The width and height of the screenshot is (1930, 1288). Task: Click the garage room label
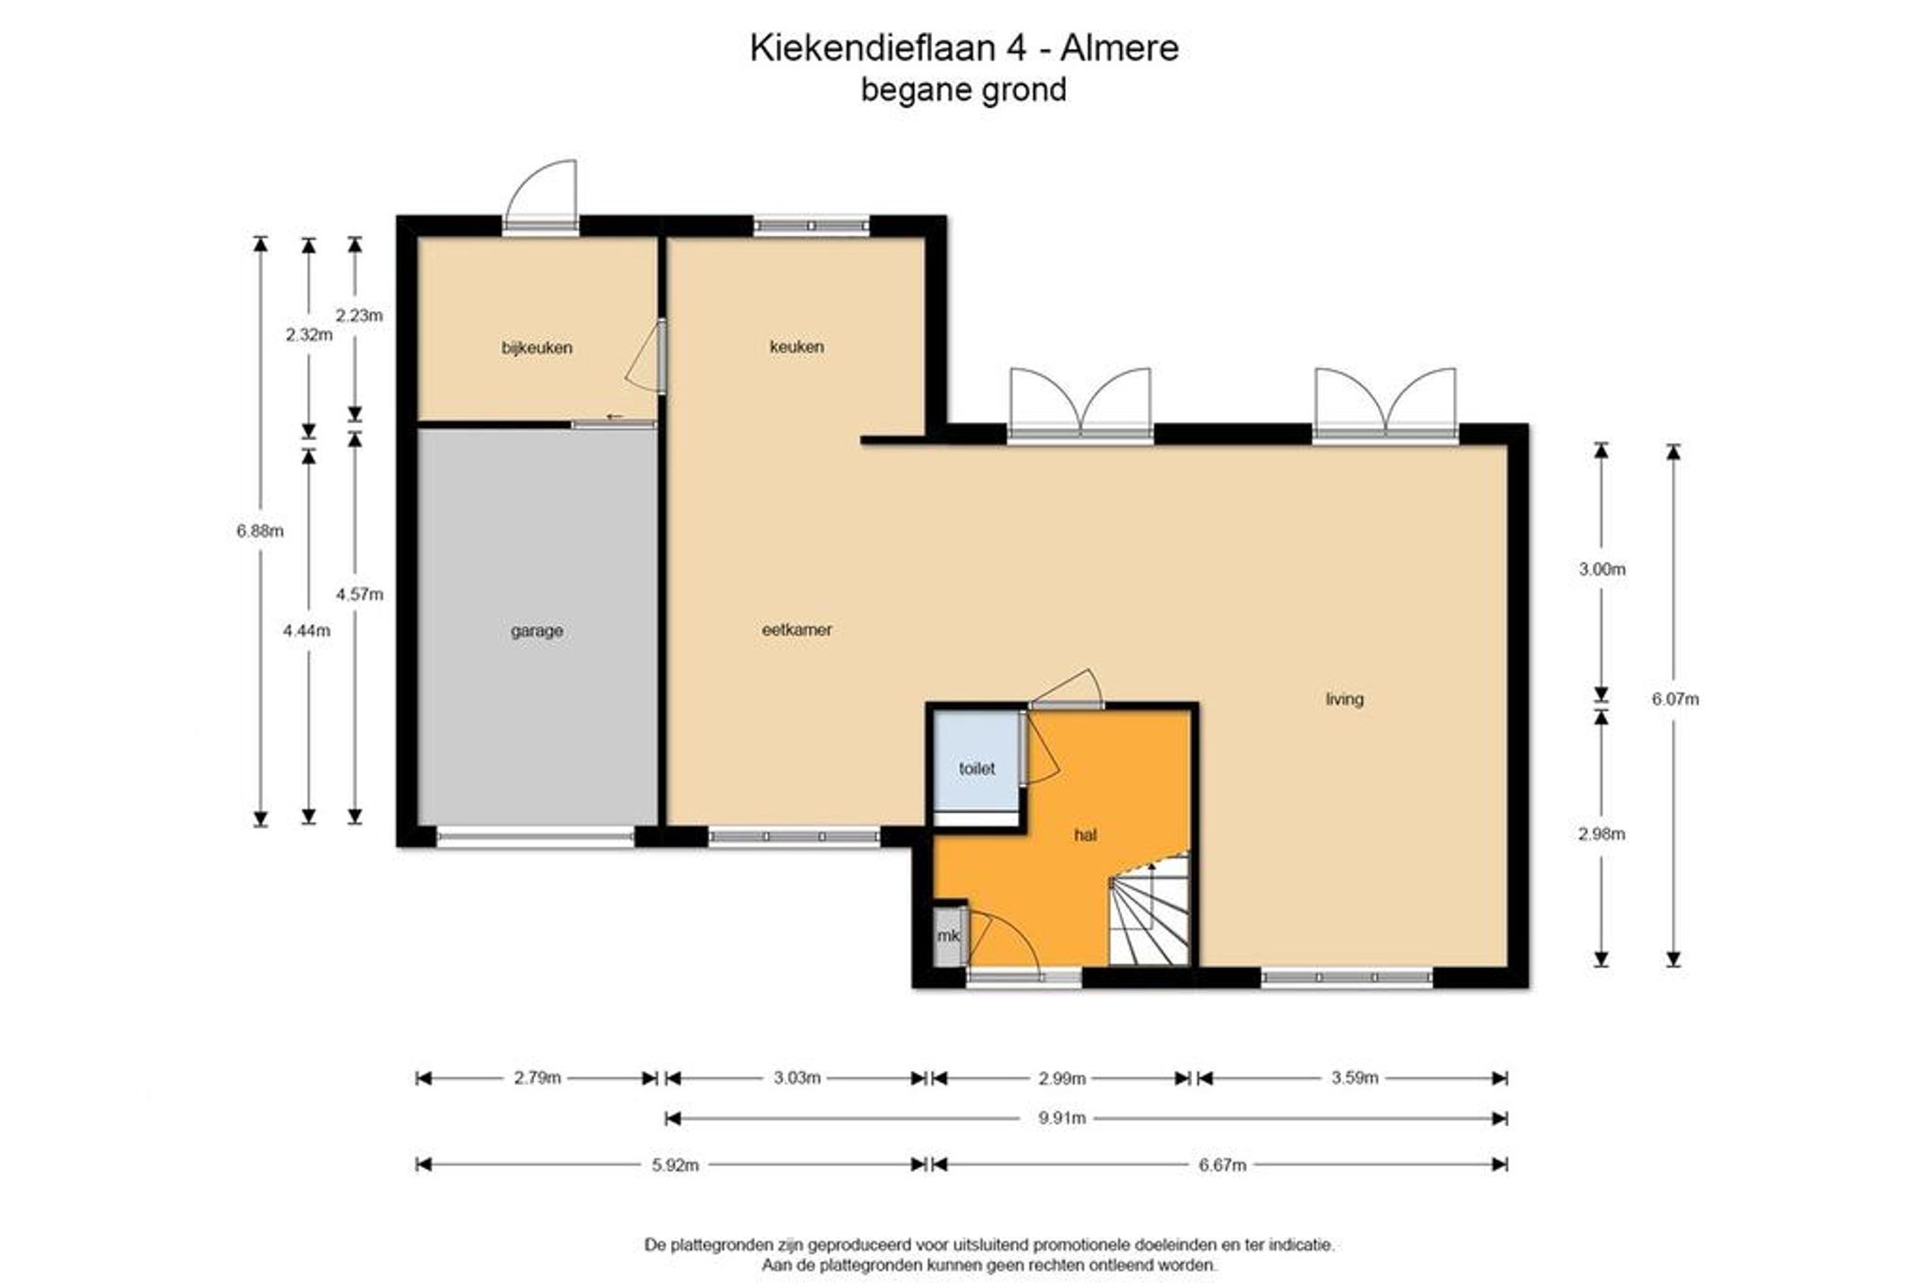(x=537, y=630)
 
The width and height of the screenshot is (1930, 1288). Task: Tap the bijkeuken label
(x=537, y=348)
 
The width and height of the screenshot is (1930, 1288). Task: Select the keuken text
(x=797, y=346)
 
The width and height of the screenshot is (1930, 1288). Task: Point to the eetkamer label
(x=797, y=629)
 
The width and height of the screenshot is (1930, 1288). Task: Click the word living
(x=1345, y=699)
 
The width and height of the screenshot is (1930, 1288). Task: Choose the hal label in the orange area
(x=1086, y=835)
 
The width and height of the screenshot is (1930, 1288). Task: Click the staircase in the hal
(x=1150, y=910)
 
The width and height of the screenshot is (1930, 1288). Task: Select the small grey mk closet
(x=948, y=936)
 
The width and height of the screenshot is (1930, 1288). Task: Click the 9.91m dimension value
(x=1062, y=1118)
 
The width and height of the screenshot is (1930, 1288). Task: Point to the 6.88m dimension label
(x=260, y=531)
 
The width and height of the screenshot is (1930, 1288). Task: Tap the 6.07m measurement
(x=1675, y=699)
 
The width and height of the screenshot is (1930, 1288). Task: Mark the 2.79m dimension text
(x=537, y=1078)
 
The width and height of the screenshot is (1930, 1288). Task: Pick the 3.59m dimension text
(x=1355, y=1078)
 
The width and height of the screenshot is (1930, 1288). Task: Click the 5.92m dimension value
(x=675, y=1165)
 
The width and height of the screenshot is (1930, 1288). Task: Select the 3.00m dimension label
(x=1602, y=568)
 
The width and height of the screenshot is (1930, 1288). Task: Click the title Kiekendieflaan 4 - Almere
(x=964, y=48)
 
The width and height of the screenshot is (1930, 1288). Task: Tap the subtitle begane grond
(x=964, y=90)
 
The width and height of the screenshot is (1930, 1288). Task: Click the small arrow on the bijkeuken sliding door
(x=615, y=417)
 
